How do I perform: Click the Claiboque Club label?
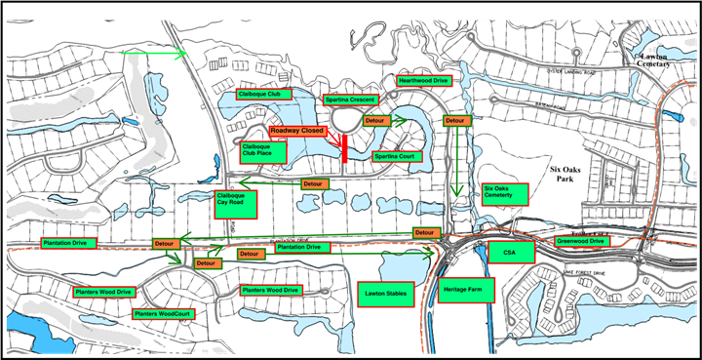coord(259,94)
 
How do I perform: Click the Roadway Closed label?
coord(298,130)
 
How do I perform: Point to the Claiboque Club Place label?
coord(264,150)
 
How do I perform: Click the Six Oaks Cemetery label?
coord(504,193)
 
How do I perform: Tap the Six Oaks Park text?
coord(562,172)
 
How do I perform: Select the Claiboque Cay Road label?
coord(235,203)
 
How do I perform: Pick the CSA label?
coord(508,252)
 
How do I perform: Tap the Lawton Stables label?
coord(384,292)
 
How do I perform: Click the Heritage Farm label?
coord(466,291)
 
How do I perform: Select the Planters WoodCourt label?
coord(163,313)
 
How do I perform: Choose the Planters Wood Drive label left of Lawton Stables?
coord(270,290)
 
